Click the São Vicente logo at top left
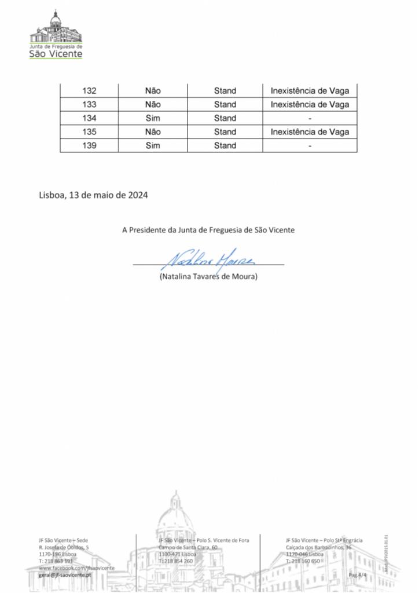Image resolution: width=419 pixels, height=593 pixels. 56,36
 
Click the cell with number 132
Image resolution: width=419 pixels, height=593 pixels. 89,91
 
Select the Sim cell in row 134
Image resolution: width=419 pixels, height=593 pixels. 153,118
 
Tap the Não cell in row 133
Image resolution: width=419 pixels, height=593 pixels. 153,105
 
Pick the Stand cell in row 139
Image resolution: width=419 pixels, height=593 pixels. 225,146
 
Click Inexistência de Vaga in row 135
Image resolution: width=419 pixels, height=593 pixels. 310,132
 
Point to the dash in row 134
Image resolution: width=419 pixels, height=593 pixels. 310,119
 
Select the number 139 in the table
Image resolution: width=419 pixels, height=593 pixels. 89,146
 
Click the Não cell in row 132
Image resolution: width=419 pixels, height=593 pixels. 153,91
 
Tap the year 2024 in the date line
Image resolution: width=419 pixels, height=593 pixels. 137,195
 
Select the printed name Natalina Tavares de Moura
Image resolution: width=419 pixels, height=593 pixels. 208,277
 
